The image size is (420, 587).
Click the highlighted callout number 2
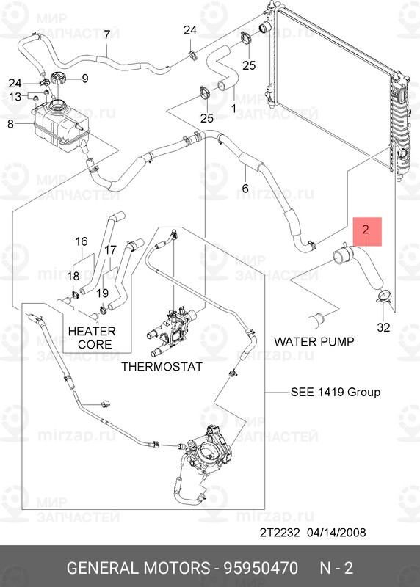(366, 229)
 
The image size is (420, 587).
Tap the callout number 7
(106, 34)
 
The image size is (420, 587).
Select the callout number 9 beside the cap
(85, 79)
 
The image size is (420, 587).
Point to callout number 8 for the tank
(10, 123)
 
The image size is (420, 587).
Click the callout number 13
(15, 97)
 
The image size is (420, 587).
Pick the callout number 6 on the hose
(245, 188)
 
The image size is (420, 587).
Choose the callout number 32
(383, 327)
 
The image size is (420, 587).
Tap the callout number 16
(82, 241)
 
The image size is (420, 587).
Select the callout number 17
(110, 249)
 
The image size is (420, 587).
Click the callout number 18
(73, 277)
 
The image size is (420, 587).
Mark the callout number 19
(102, 293)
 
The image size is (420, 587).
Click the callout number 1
(233, 109)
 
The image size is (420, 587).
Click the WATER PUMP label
(314, 341)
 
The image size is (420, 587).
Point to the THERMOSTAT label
(162, 366)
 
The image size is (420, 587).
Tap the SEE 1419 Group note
(336, 392)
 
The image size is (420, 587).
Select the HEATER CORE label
(93, 338)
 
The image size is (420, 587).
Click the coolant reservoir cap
(58, 79)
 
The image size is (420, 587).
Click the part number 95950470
(261, 568)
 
